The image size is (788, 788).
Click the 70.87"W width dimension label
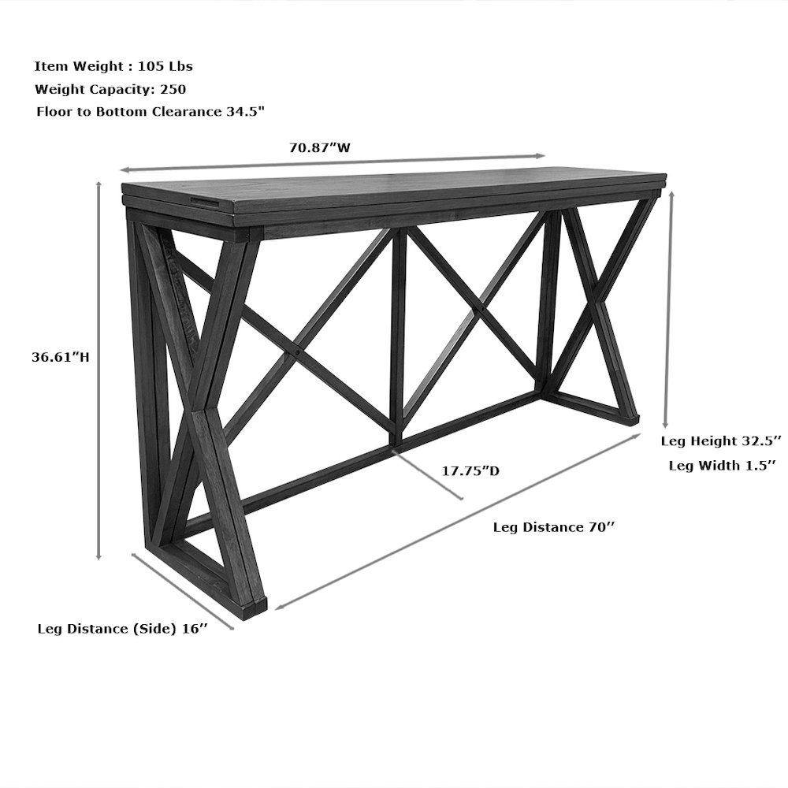[319, 147]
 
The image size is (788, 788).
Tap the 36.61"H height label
[60, 356]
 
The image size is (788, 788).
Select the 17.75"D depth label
[470, 471]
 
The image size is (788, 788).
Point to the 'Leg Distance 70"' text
[553, 527]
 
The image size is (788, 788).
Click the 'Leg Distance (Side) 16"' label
[122, 629]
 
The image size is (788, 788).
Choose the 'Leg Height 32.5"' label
[721, 439]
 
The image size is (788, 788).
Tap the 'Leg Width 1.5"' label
[722, 465]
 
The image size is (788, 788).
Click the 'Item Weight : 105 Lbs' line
[113, 66]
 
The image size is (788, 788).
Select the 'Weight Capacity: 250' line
[110, 89]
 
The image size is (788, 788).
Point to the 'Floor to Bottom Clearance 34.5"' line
[150, 112]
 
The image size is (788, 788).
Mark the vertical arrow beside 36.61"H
[99, 370]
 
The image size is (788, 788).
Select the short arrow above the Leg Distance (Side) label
[182, 590]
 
